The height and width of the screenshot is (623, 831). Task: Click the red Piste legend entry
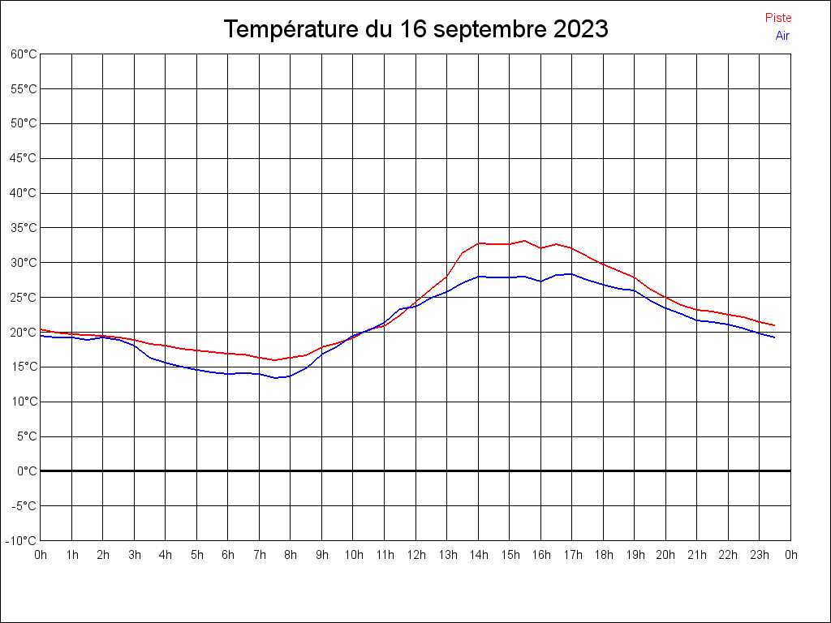(778, 18)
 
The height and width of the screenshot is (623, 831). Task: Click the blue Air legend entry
(782, 36)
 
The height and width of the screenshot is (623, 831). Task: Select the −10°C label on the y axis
(22, 541)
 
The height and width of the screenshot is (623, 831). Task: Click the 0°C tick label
(28, 471)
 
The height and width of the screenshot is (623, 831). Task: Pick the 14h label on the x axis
(479, 555)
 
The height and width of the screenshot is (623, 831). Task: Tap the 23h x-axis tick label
(760, 555)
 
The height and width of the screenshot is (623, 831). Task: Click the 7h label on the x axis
(260, 555)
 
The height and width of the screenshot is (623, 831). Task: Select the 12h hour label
(416, 555)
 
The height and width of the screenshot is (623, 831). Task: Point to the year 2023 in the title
(580, 29)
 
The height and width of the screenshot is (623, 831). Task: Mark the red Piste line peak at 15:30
(525, 241)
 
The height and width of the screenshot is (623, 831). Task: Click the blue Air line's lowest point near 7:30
(275, 378)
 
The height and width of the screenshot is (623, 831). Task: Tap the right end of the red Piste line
(775, 325)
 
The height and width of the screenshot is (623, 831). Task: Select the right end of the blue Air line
(775, 337)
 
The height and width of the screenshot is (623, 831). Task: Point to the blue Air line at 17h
(572, 274)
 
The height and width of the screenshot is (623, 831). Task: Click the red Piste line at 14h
(479, 243)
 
